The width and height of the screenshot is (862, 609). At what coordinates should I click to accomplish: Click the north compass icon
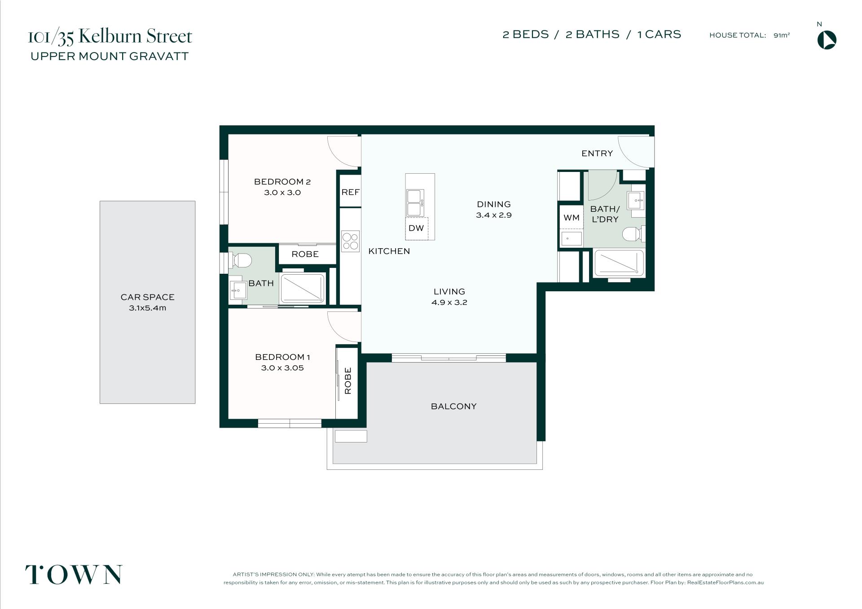pyautogui.click(x=827, y=40)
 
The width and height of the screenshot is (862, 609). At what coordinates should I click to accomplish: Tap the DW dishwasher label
pyautogui.click(x=416, y=228)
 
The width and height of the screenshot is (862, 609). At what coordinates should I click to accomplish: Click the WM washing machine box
pyautogui.click(x=571, y=218)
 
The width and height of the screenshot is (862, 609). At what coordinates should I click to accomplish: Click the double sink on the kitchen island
pyautogui.click(x=414, y=203)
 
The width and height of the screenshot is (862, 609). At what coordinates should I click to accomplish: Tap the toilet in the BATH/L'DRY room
pyautogui.click(x=633, y=234)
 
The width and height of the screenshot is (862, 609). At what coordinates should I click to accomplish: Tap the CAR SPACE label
pyautogui.click(x=147, y=297)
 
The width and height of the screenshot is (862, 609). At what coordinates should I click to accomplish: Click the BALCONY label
pyautogui.click(x=453, y=406)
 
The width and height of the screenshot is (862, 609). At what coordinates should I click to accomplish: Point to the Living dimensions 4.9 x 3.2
pyautogui.click(x=449, y=302)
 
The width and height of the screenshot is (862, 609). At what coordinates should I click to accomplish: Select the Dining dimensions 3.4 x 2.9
pyautogui.click(x=494, y=215)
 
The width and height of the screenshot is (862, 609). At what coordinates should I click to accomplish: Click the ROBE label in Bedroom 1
pyautogui.click(x=348, y=381)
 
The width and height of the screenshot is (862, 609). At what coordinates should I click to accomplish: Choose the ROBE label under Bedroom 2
pyautogui.click(x=305, y=254)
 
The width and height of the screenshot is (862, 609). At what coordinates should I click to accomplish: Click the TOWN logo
pyautogui.click(x=74, y=574)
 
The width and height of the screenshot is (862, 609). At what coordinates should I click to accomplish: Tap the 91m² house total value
pyautogui.click(x=782, y=35)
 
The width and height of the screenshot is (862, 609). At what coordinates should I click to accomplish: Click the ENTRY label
pyautogui.click(x=597, y=153)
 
